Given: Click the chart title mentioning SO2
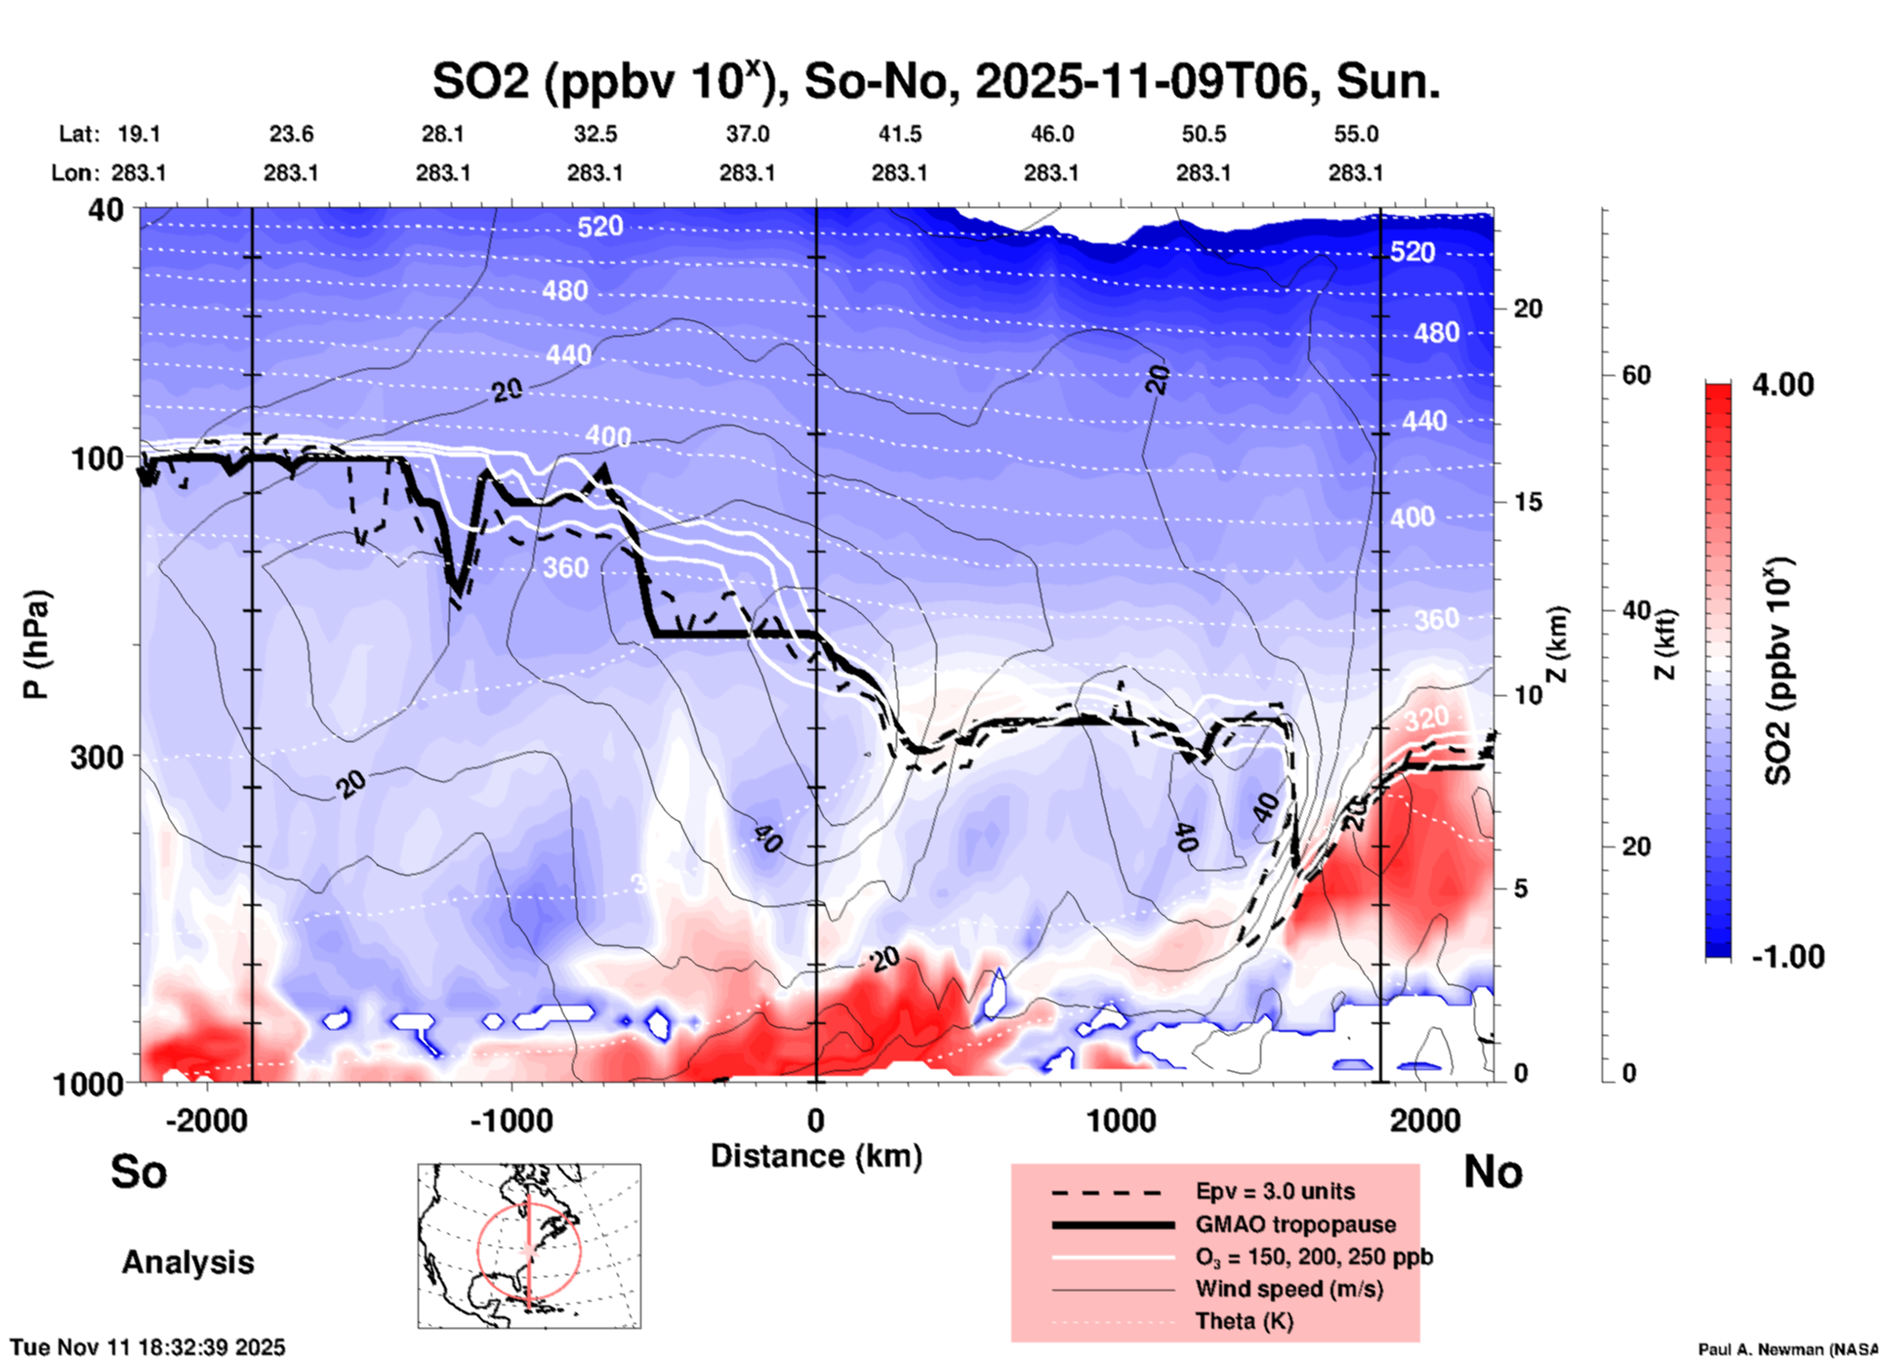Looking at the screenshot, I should tap(935, 82).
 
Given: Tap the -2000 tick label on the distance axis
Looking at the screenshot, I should tap(206, 1121).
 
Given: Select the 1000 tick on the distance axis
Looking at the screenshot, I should tap(1121, 1121).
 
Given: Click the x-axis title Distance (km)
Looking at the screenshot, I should tap(816, 1156).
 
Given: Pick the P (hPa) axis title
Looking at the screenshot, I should tap(36, 644).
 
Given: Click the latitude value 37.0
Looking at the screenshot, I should tap(747, 134).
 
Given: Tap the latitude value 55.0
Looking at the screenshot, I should tap(1356, 134).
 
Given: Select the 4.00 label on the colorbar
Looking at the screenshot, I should tap(1782, 385).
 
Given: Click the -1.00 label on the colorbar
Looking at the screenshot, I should tap(1787, 957).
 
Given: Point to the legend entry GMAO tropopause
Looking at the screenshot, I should tap(1295, 1224).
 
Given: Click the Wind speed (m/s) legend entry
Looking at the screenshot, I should tap(1288, 1289).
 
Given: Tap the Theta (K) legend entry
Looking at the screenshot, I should tap(1245, 1321).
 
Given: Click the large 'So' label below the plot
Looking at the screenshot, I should tap(139, 1172).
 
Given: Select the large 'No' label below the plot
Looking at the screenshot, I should tap(1492, 1172).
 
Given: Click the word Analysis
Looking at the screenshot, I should tap(187, 1262).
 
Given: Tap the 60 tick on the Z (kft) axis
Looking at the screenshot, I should tap(1636, 375).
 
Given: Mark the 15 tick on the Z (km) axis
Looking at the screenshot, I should tap(1528, 502).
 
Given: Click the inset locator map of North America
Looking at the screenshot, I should tap(529, 1246).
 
